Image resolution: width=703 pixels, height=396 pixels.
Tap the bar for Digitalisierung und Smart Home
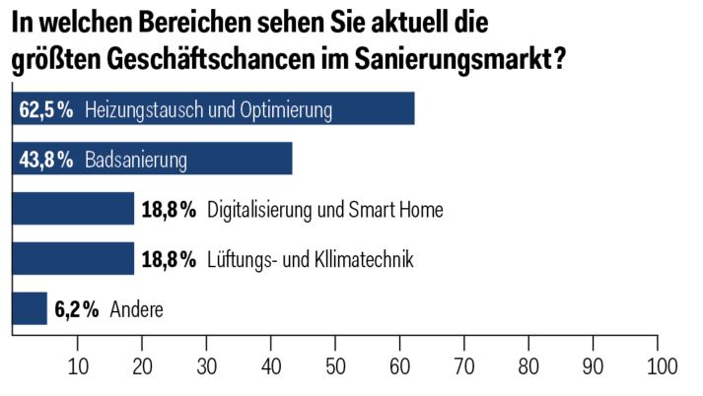coord(73,209)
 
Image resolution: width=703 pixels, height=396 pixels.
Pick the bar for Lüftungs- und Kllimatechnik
coord(73,259)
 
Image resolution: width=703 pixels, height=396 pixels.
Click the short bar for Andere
coord(29,309)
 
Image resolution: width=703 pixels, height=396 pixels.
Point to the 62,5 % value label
coord(46,109)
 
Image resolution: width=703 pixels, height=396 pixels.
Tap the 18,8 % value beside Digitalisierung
coord(169,210)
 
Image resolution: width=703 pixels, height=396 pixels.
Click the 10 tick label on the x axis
coord(78,366)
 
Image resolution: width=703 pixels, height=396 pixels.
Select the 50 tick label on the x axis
coord(336,366)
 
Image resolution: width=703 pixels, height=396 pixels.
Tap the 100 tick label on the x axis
coord(659,366)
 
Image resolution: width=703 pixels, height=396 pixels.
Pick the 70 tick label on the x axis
coord(465,366)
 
